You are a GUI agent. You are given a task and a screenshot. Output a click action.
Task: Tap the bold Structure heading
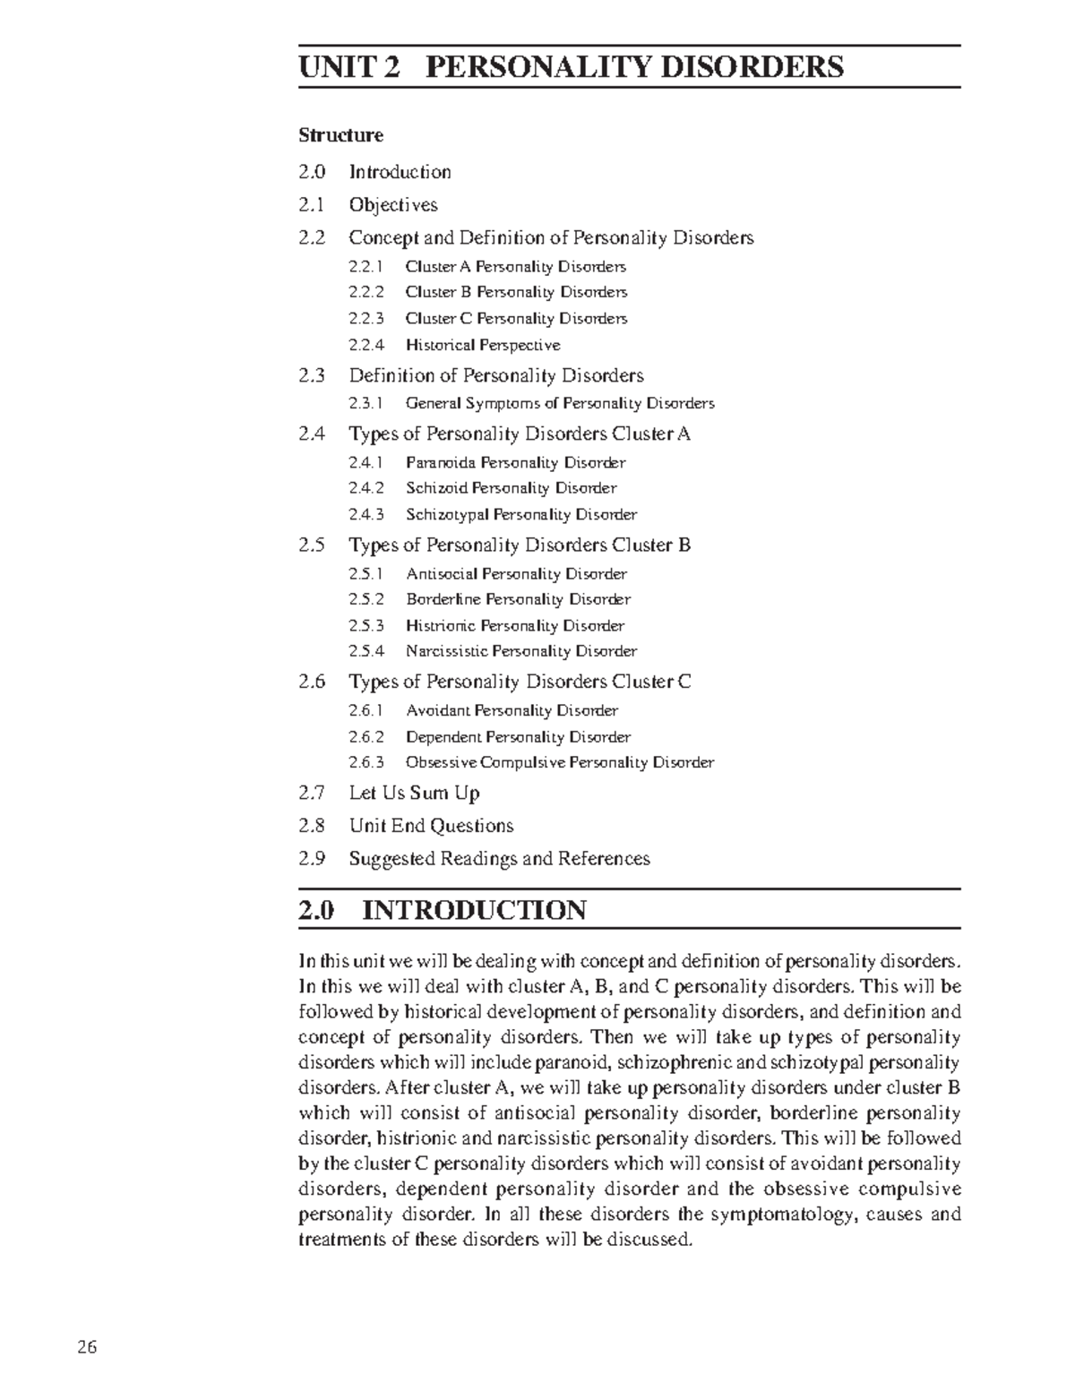click(340, 135)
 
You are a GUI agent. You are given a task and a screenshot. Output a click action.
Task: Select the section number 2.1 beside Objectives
click(312, 205)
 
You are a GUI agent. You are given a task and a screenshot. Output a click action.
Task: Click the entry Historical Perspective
click(483, 345)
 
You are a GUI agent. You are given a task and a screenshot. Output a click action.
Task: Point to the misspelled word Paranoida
click(441, 463)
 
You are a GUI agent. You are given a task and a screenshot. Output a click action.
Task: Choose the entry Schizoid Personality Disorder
click(511, 488)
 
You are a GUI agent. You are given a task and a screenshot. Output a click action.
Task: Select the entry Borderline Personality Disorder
click(518, 599)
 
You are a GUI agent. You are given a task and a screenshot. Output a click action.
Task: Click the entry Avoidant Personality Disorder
click(512, 711)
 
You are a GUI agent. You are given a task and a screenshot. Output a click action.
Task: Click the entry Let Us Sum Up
click(414, 794)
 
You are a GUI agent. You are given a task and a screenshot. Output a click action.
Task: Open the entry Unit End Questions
click(431, 826)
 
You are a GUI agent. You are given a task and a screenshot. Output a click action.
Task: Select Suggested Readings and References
click(499, 859)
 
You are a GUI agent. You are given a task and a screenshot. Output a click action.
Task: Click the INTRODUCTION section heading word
click(474, 911)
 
